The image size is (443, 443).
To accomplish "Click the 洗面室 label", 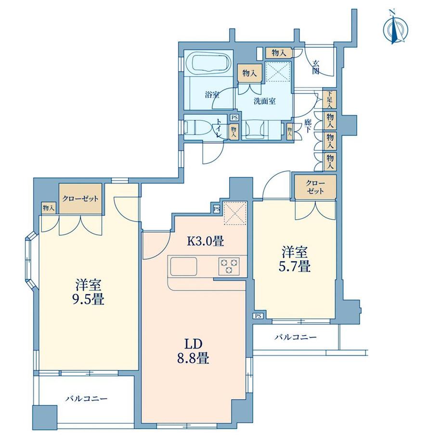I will click(265, 102).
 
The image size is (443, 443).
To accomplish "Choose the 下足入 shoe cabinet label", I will click(330, 100).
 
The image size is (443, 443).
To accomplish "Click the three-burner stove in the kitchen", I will click(229, 265).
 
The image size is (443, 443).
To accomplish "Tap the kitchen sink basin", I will click(183, 265).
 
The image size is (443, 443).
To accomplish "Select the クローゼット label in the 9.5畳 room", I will click(80, 199).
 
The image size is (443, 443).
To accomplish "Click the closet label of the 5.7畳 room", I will click(315, 186).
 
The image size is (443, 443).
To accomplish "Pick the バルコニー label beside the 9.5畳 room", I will click(86, 399).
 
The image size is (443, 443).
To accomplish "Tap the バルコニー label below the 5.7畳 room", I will click(295, 338).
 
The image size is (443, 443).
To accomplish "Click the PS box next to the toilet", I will click(234, 117).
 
